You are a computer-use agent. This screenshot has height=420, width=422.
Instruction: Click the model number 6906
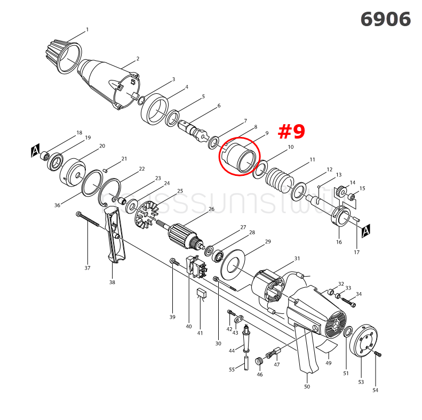[x=385, y=19]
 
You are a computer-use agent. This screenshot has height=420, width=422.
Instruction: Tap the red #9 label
[x=292, y=131]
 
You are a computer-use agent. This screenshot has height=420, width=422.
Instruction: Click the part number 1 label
[x=87, y=30]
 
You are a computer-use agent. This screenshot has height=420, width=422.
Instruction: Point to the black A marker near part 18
[x=36, y=151]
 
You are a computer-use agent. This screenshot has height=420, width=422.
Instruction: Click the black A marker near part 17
[x=366, y=230]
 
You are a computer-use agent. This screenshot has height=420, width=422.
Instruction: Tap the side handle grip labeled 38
[x=114, y=235]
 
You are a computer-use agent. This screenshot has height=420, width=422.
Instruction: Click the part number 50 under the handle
[x=307, y=386]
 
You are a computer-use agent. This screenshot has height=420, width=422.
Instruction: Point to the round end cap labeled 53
[x=364, y=341]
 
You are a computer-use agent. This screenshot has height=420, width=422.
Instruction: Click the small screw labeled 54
[x=378, y=354]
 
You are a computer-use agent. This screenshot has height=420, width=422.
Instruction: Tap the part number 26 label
[x=211, y=209]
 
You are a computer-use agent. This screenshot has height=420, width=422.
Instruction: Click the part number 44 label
[x=232, y=350]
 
